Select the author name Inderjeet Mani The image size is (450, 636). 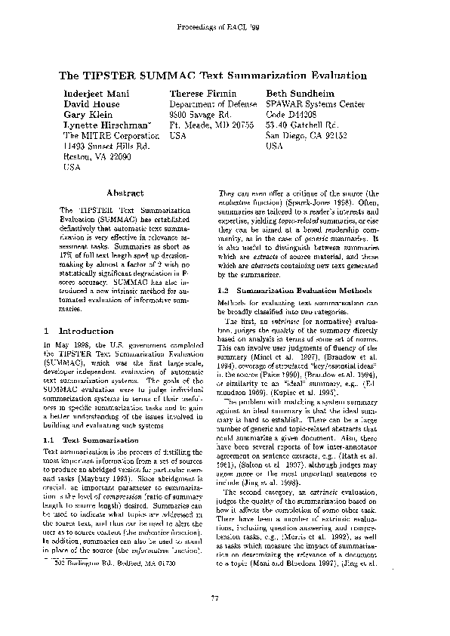[94, 92]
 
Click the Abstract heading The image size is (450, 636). [125, 194]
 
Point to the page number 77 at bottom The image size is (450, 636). [224, 599]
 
